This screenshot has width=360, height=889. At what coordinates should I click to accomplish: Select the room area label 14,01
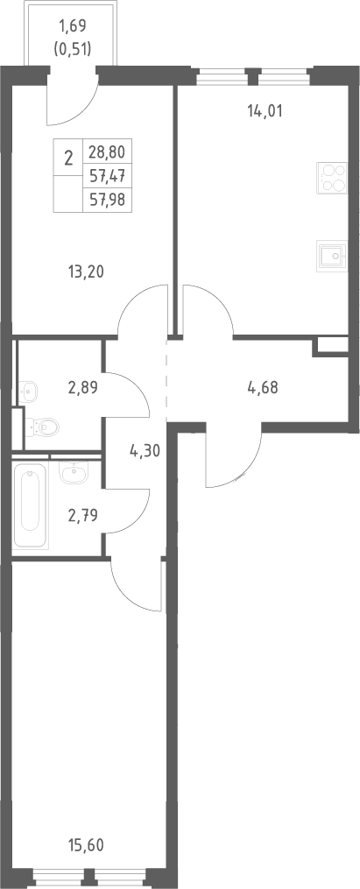(265, 111)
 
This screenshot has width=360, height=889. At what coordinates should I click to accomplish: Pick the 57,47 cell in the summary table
(107, 176)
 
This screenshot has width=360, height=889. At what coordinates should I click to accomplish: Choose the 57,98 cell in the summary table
(107, 199)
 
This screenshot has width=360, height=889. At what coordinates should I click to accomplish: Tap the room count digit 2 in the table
(68, 158)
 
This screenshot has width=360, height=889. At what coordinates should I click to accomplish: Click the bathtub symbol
(31, 505)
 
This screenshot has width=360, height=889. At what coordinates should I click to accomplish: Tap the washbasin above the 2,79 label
(73, 472)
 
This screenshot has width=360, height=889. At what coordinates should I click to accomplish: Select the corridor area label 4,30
(145, 451)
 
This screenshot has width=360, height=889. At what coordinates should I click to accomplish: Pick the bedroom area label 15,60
(86, 846)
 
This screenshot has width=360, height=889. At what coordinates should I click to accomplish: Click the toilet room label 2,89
(82, 388)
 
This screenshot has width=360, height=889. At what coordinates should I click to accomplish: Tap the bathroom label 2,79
(82, 515)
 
